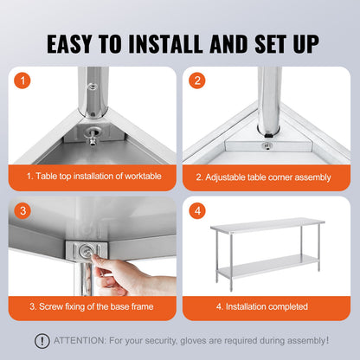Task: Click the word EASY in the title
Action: (79, 42)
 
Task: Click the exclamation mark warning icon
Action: (42, 341)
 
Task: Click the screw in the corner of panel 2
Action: (269, 145)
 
